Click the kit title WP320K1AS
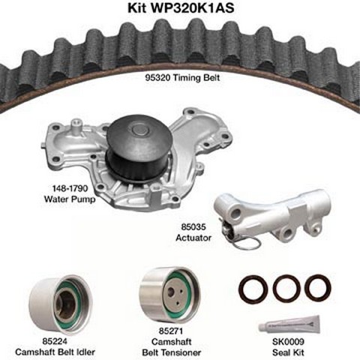click(x=181, y=7)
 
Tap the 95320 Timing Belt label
click(x=182, y=78)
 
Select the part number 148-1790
click(x=66, y=188)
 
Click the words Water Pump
click(x=70, y=199)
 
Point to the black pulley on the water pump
click(x=139, y=149)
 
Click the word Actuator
click(x=193, y=238)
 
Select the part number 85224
click(x=55, y=341)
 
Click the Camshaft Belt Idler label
click(x=55, y=352)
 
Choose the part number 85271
click(x=171, y=331)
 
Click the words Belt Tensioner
click(x=171, y=352)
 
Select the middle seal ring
click(x=286, y=288)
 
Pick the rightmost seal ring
click(x=318, y=288)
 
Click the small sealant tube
click(x=289, y=325)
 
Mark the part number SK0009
click(x=288, y=341)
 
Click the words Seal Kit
click(x=288, y=352)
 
